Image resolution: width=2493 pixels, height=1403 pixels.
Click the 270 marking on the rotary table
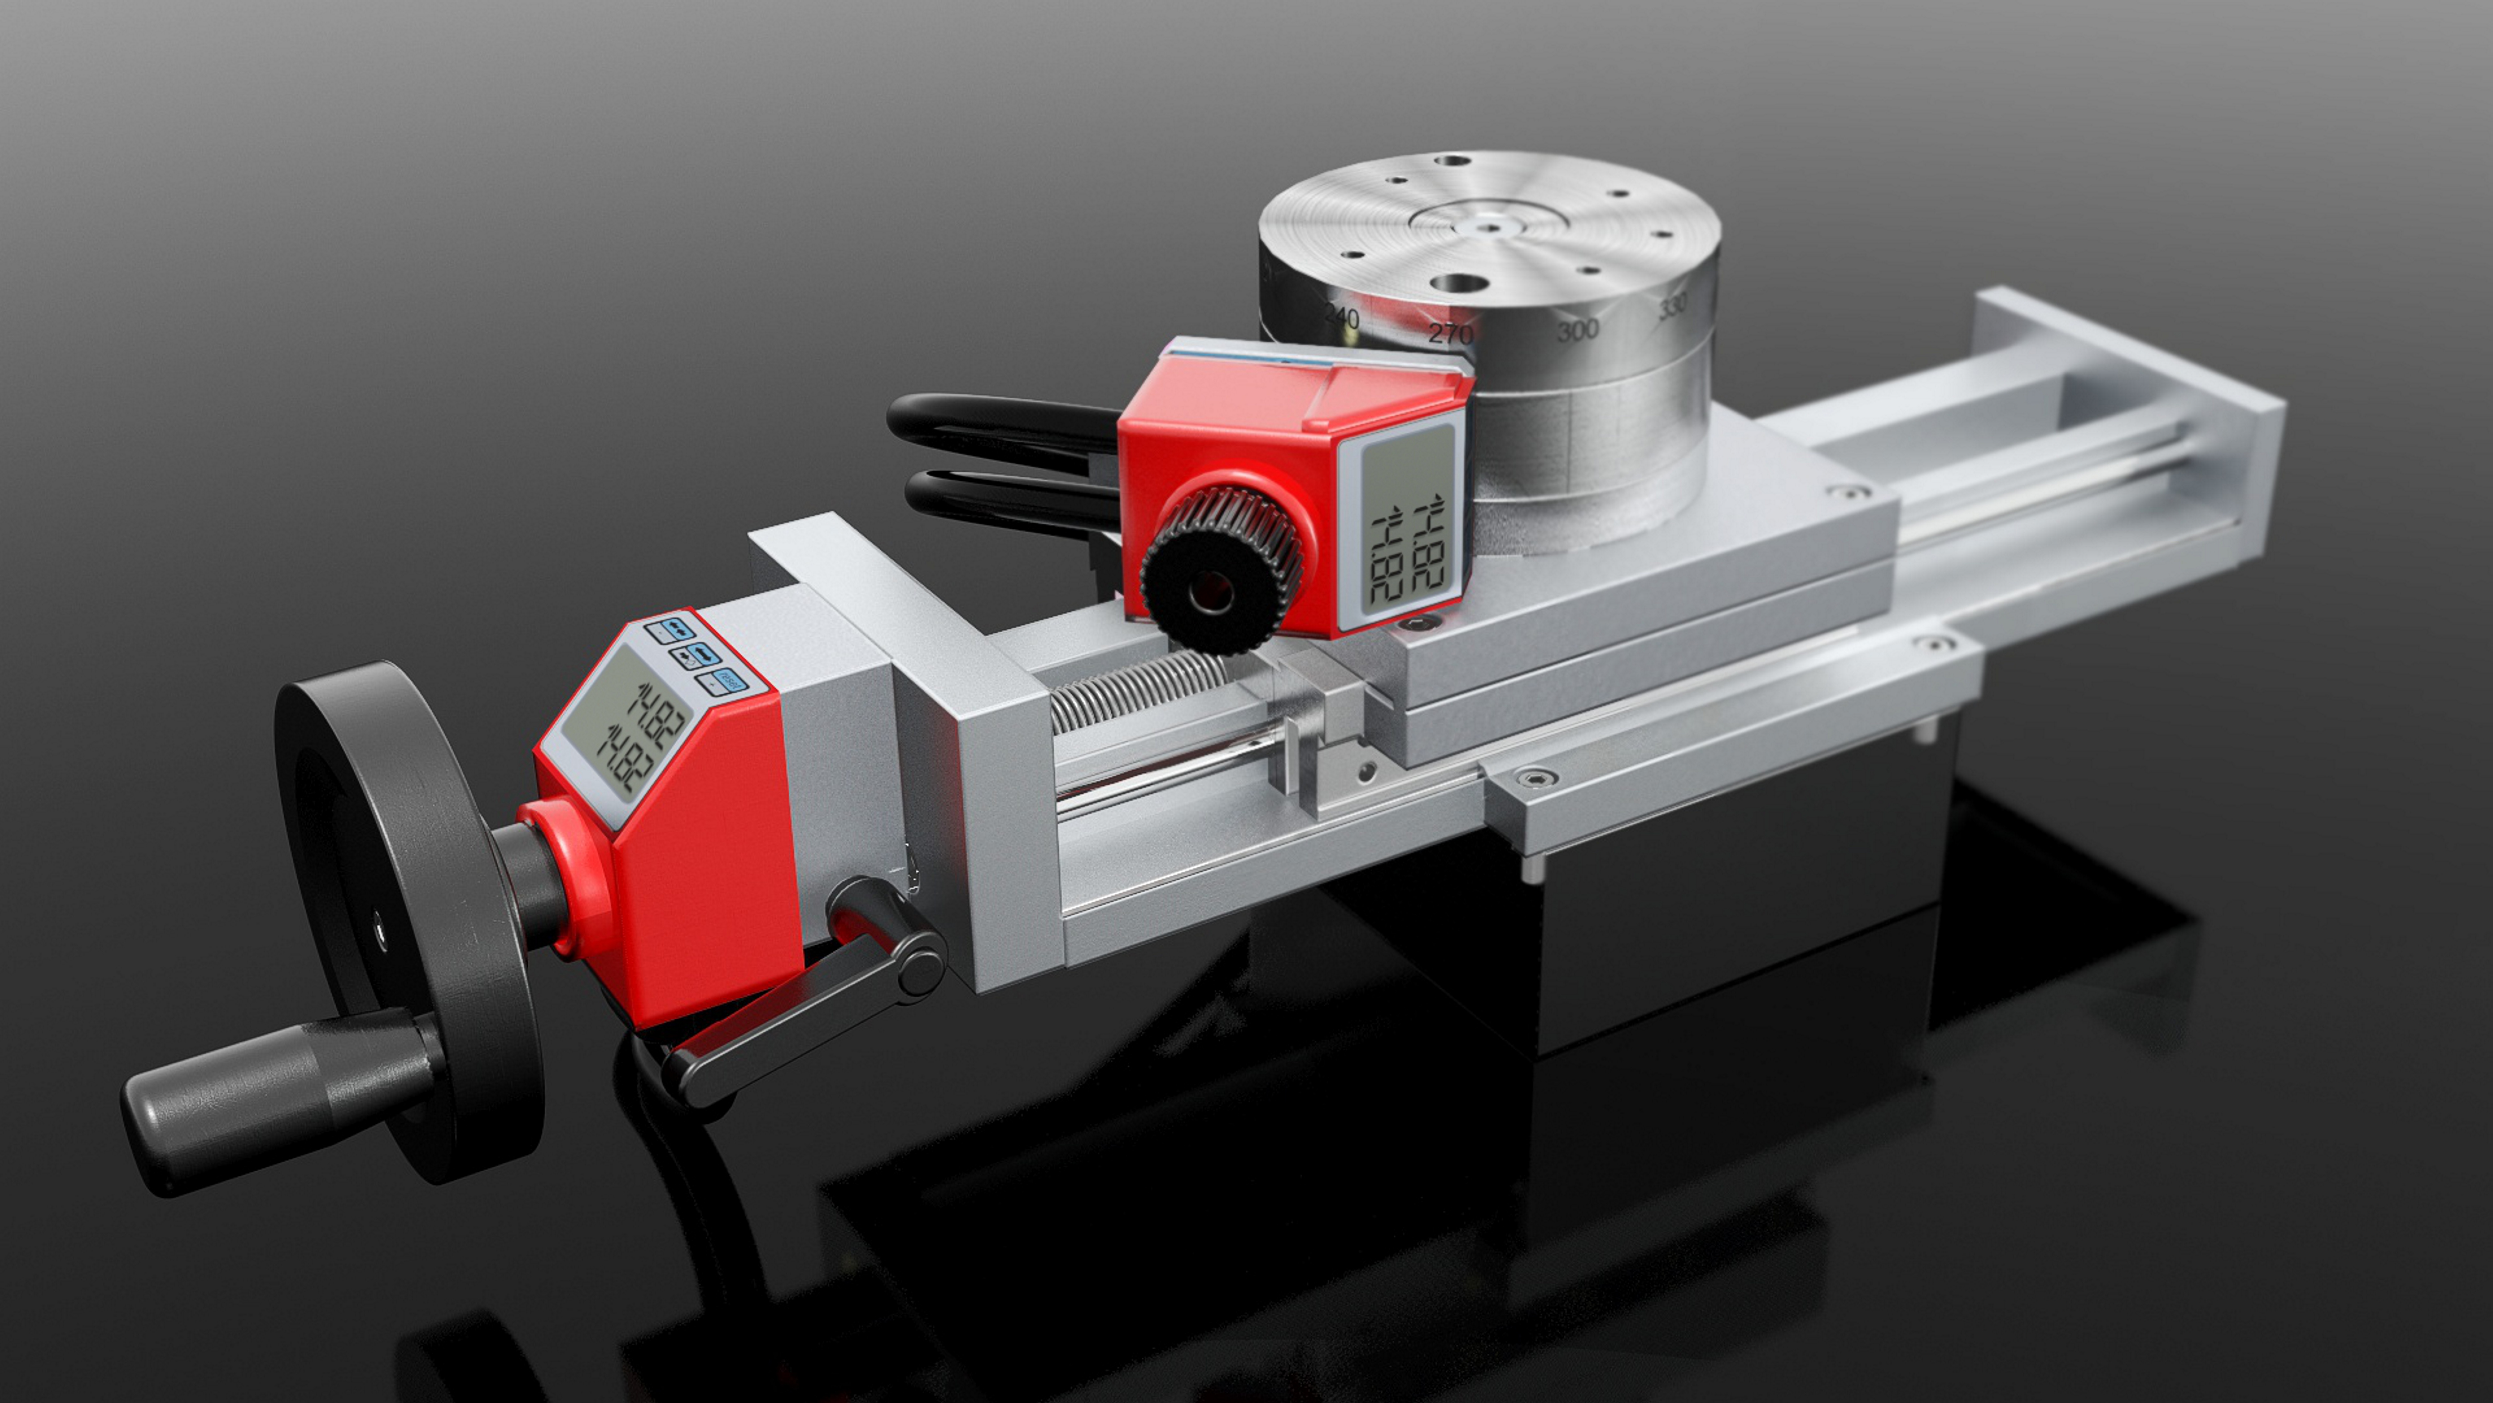(x=1450, y=333)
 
